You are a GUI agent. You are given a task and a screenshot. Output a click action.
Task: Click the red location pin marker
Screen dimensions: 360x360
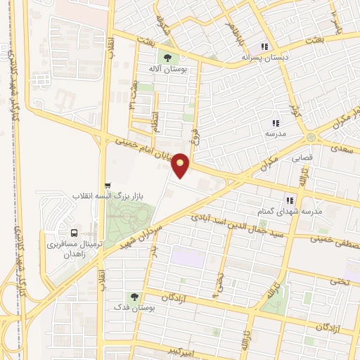pos(181,165)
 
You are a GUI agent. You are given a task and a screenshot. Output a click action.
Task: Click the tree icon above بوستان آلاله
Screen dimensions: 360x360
pos(168,57)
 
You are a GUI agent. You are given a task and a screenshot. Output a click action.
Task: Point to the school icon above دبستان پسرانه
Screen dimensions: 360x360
pos(264,46)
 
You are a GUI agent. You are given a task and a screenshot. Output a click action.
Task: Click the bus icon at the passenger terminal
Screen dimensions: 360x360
pos(74,232)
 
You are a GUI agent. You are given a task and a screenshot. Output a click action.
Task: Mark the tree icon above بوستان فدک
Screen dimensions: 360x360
pos(134,297)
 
